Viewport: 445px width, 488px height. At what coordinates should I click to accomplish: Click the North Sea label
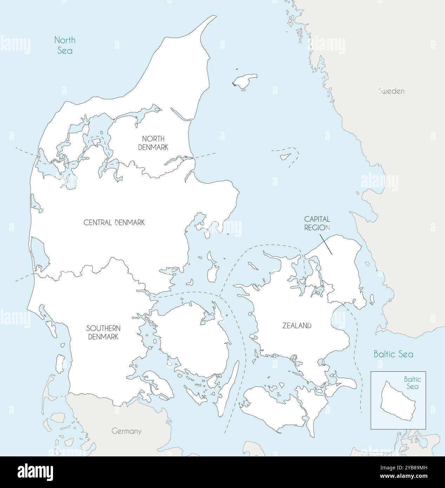65,45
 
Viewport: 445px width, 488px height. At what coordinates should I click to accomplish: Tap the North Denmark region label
153,143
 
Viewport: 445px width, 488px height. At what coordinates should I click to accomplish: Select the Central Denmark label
114,223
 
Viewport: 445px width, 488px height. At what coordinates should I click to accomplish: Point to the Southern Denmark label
104,332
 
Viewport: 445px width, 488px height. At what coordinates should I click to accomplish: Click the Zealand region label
297,326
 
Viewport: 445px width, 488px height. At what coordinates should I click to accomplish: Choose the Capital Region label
317,223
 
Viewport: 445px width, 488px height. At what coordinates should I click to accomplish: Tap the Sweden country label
391,91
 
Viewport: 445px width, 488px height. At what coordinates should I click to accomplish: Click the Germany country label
126,431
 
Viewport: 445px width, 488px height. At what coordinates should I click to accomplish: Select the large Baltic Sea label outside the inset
393,354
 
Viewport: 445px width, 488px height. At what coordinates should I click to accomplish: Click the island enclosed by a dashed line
285,156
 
